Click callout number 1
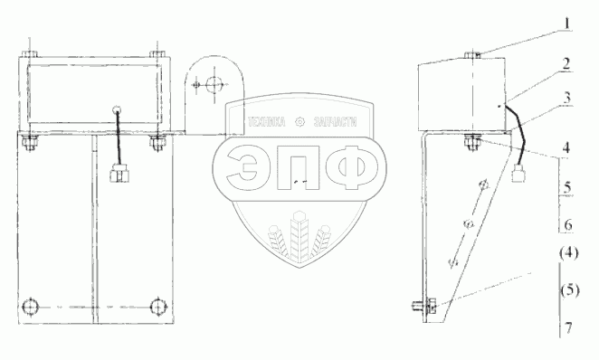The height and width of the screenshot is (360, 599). pos(567,24)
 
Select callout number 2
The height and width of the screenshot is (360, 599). pos(566,63)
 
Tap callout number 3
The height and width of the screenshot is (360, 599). pos(567,98)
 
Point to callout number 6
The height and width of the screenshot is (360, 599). pos(568,225)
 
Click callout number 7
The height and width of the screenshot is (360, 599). pos(568,328)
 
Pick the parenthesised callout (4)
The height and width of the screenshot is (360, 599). pos(569,253)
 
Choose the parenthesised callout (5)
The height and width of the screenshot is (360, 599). pos(570,290)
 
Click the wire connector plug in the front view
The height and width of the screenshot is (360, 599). pos(119,174)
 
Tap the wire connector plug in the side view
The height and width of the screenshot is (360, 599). pos(519,173)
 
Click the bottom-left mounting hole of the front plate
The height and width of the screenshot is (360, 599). pos(30,307)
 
